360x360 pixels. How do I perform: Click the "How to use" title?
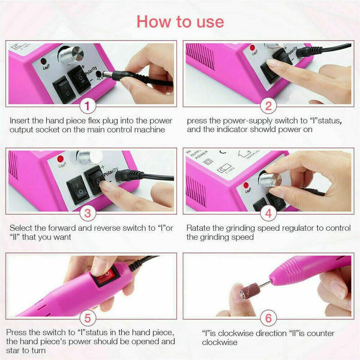point(180,21)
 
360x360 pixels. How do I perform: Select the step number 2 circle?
point(268,106)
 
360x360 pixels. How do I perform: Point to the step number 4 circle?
point(268,212)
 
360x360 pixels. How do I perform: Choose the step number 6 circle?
point(268,318)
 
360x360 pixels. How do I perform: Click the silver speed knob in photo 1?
point(71,55)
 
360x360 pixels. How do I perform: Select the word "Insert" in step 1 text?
point(20,121)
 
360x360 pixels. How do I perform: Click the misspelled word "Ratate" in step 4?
point(199,227)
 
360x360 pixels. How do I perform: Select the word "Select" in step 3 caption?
point(21,227)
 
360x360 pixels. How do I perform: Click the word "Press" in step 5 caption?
point(20,332)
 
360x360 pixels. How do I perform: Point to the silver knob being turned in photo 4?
point(271,178)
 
